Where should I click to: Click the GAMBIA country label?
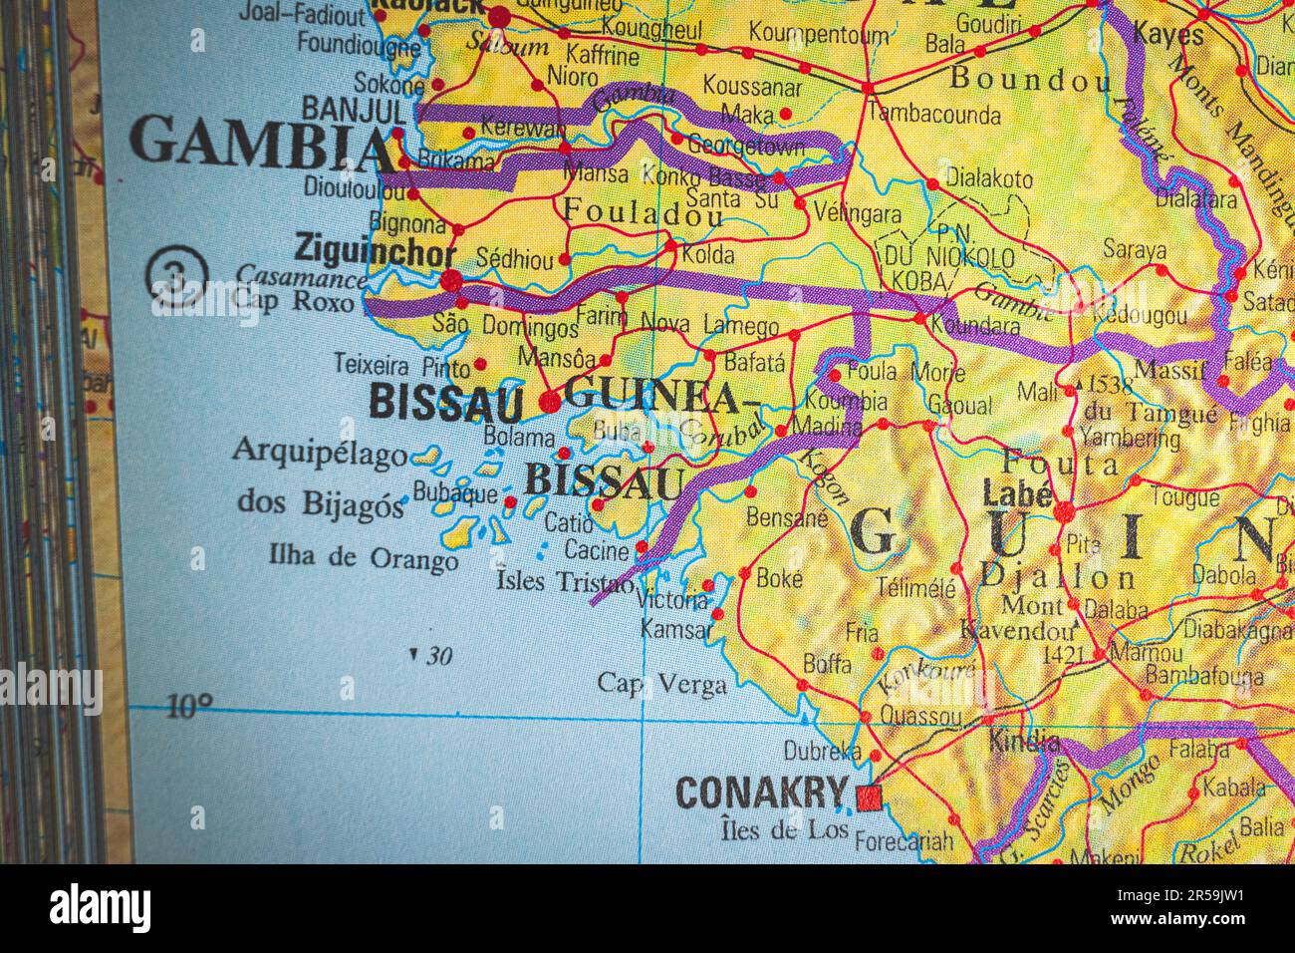click(261, 144)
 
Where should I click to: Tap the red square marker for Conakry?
click(869, 795)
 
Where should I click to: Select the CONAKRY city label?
click(761, 794)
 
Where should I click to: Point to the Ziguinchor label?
click(375, 251)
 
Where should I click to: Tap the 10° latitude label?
click(188, 707)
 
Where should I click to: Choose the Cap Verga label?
click(661, 683)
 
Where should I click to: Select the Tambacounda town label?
click(933, 114)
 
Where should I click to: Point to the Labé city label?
click(1016, 492)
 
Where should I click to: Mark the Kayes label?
click(1168, 36)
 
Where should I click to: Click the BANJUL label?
click(354, 108)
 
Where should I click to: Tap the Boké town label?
click(780, 577)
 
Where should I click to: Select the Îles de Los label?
click(783, 828)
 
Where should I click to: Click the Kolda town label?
click(708, 254)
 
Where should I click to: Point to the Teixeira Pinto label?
click(401, 364)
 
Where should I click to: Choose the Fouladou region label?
click(643, 211)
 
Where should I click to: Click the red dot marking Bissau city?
click(550, 401)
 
